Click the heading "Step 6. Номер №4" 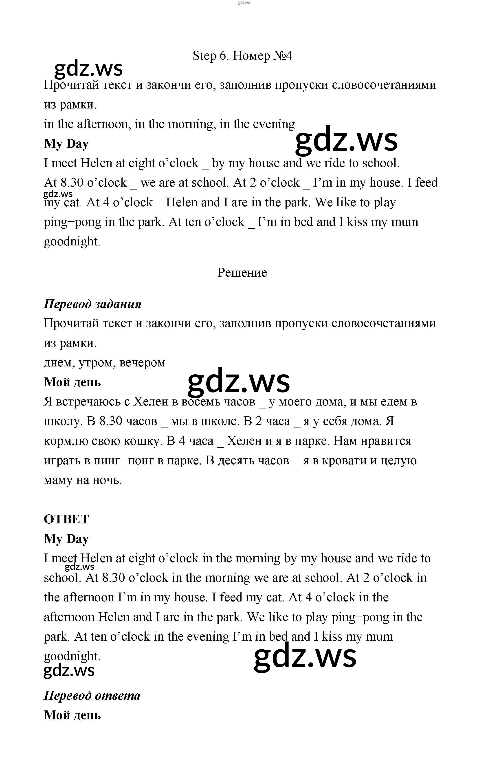pos(242,56)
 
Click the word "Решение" pos(242,273)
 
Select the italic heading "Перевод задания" pos(92,304)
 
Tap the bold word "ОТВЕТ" pos(66,519)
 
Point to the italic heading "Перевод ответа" pos(92,695)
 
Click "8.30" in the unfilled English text pos(72,183)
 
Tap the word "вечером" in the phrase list pos(142,362)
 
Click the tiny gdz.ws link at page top pos(244,2)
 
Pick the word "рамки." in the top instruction pos(78,105)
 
